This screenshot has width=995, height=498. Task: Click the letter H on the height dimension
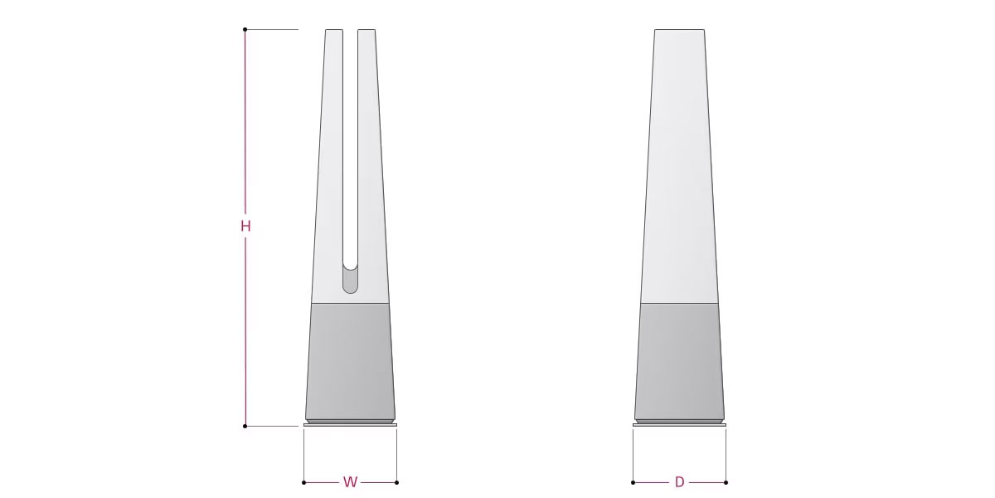245,226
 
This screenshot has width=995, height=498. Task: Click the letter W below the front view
350,482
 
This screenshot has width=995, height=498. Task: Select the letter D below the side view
679,482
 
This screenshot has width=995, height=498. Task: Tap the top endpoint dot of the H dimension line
245,30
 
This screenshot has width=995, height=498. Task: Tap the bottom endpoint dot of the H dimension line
245,426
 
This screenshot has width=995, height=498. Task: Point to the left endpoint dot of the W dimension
304,482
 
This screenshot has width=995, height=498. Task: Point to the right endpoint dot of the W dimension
396,482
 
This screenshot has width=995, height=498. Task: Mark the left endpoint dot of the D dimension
633,482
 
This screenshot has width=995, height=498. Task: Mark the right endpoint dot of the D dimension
726,482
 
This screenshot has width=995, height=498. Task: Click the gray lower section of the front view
350,361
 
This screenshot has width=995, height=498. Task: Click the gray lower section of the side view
679,361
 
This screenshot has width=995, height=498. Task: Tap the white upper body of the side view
679,166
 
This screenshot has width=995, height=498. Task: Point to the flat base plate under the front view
350,425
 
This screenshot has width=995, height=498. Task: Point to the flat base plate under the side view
679,425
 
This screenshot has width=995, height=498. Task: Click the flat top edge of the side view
679,30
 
